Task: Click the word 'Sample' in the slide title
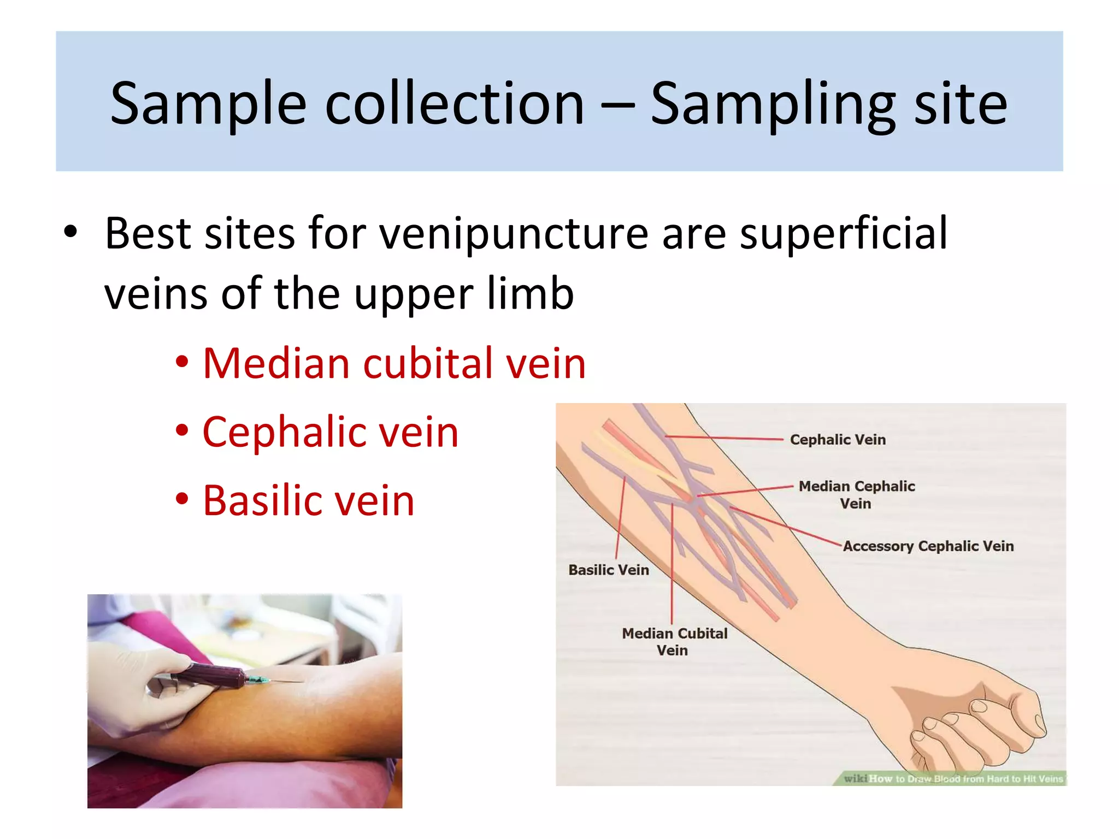pyautogui.click(x=208, y=104)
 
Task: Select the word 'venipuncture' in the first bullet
pyautogui.click(x=514, y=234)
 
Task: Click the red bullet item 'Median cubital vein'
pyautogui.click(x=394, y=363)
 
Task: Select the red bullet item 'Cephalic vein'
pyautogui.click(x=331, y=432)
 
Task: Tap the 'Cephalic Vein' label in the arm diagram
pyautogui.click(x=838, y=440)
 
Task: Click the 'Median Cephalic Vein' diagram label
pyautogui.click(x=856, y=494)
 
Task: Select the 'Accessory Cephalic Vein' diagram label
pyautogui.click(x=928, y=546)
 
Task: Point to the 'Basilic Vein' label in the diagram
pyautogui.click(x=609, y=570)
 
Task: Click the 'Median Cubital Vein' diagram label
pyautogui.click(x=674, y=642)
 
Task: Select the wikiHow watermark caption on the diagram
pyautogui.click(x=953, y=778)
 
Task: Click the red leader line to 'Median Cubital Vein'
pyautogui.click(x=672, y=563)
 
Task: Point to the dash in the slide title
pyautogui.click(x=617, y=104)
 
